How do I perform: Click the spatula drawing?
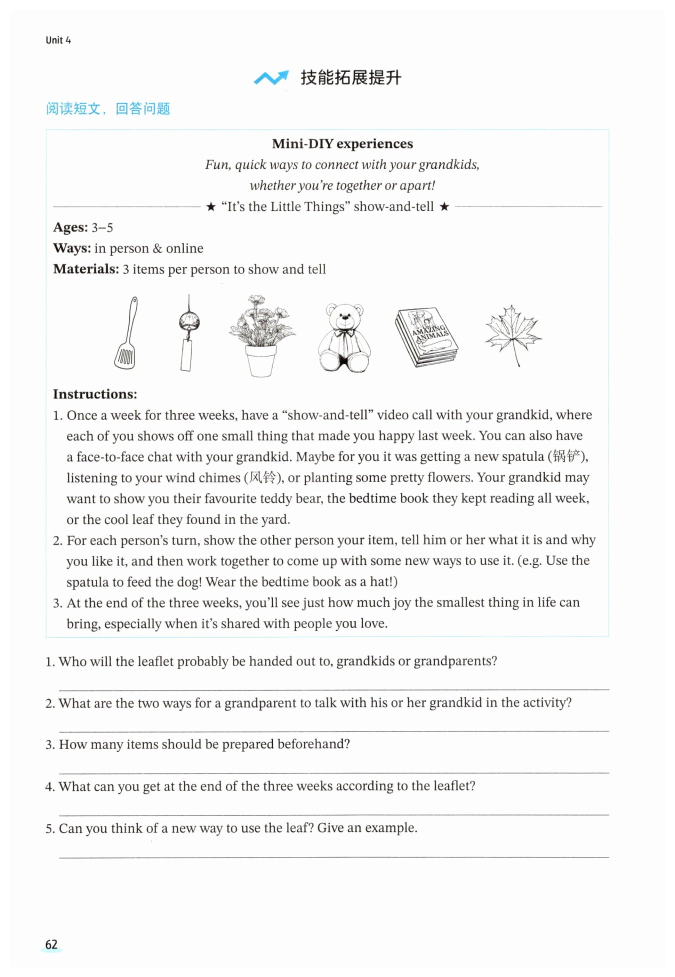point(126,333)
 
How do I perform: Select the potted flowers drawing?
point(261,335)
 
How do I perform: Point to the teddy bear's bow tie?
point(344,331)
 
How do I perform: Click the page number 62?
point(51,944)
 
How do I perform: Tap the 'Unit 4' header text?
point(58,40)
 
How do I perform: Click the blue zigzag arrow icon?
point(271,77)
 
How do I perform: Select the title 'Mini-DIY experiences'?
point(342,144)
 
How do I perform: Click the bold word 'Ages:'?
point(70,227)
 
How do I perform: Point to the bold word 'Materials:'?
point(86,269)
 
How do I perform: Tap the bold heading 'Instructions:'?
point(95,394)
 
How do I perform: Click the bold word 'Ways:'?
point(72,248)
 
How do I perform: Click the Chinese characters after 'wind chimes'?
point(262,477)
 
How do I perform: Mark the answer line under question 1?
point(334,689)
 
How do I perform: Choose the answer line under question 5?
point(334,857)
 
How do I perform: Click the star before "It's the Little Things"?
point(211,207)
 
